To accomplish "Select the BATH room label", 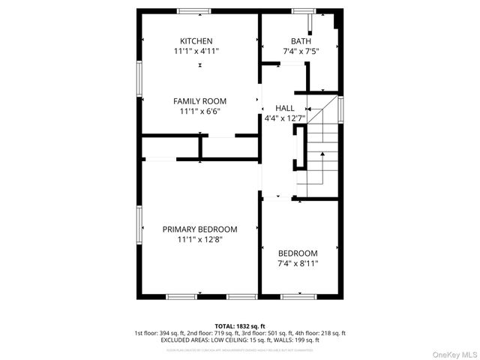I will [x=301, y=40].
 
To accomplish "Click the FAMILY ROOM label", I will [x=199, y=101].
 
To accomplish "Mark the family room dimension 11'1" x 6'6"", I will [x=199, y=112].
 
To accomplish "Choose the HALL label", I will [x=285, y=108].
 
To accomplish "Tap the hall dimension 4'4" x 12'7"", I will [x=285, y=118].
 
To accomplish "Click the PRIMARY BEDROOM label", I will [x=199, y=229].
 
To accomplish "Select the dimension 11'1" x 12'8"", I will [x=199, y=240].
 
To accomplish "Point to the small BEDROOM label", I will [x=298, y=253].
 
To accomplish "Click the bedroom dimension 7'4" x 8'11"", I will [x=298, y=264].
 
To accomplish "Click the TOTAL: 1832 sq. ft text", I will [x=240, y=326].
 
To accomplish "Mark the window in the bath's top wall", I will [x=303, y=10].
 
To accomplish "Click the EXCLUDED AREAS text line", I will [x=240, y=340].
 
